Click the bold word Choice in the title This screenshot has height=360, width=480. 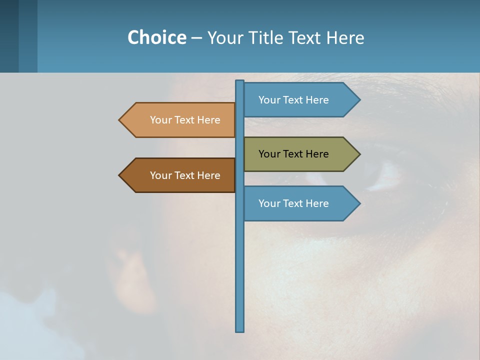(x=156, y=37)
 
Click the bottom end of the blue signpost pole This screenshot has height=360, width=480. (x=240, y=330)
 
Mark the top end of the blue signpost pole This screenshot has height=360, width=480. (x=240, y=82)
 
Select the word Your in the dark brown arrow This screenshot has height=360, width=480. (x=160, y=175)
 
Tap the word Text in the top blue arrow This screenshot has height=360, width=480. (x=293, y=100)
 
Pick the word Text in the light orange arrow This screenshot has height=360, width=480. (x=185, y=120)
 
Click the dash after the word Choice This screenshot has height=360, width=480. (x=196, y=38)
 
